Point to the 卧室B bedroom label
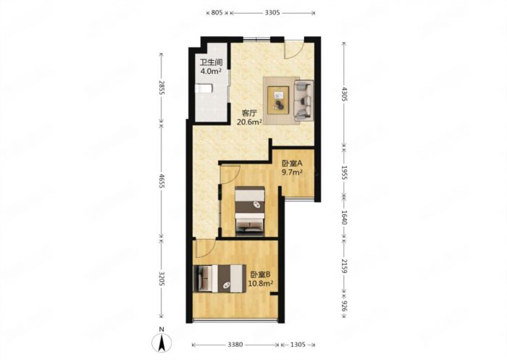point(261,275)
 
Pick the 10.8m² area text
point(261,284)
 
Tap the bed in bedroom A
point(251,210)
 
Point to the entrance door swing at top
point(294,49)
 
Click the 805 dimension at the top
point(216,12)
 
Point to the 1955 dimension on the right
point(344,172)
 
